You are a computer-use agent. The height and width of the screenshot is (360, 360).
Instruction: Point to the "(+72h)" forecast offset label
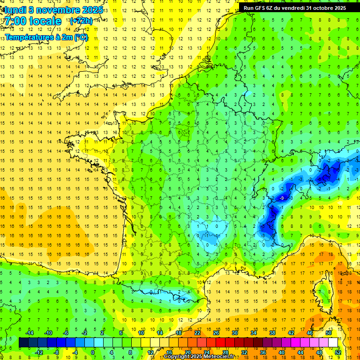pos(81,21)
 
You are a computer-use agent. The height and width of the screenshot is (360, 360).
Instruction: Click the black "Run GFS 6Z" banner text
pos(262,7)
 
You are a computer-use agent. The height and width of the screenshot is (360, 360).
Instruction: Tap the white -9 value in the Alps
pos(282,198)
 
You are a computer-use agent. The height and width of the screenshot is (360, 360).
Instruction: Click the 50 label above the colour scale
pos(329,332)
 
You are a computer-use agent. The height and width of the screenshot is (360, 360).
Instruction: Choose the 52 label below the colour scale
pos(337,352)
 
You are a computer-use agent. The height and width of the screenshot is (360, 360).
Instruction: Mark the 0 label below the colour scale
pos(93,352)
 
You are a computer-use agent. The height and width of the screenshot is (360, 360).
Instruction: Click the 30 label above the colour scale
pos(235,332)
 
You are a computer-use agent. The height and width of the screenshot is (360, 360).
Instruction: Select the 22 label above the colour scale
pos(197,332)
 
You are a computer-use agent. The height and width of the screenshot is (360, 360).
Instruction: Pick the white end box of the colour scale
pos(333,343)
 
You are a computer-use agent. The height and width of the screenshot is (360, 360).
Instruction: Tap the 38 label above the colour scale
pos(272,332)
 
